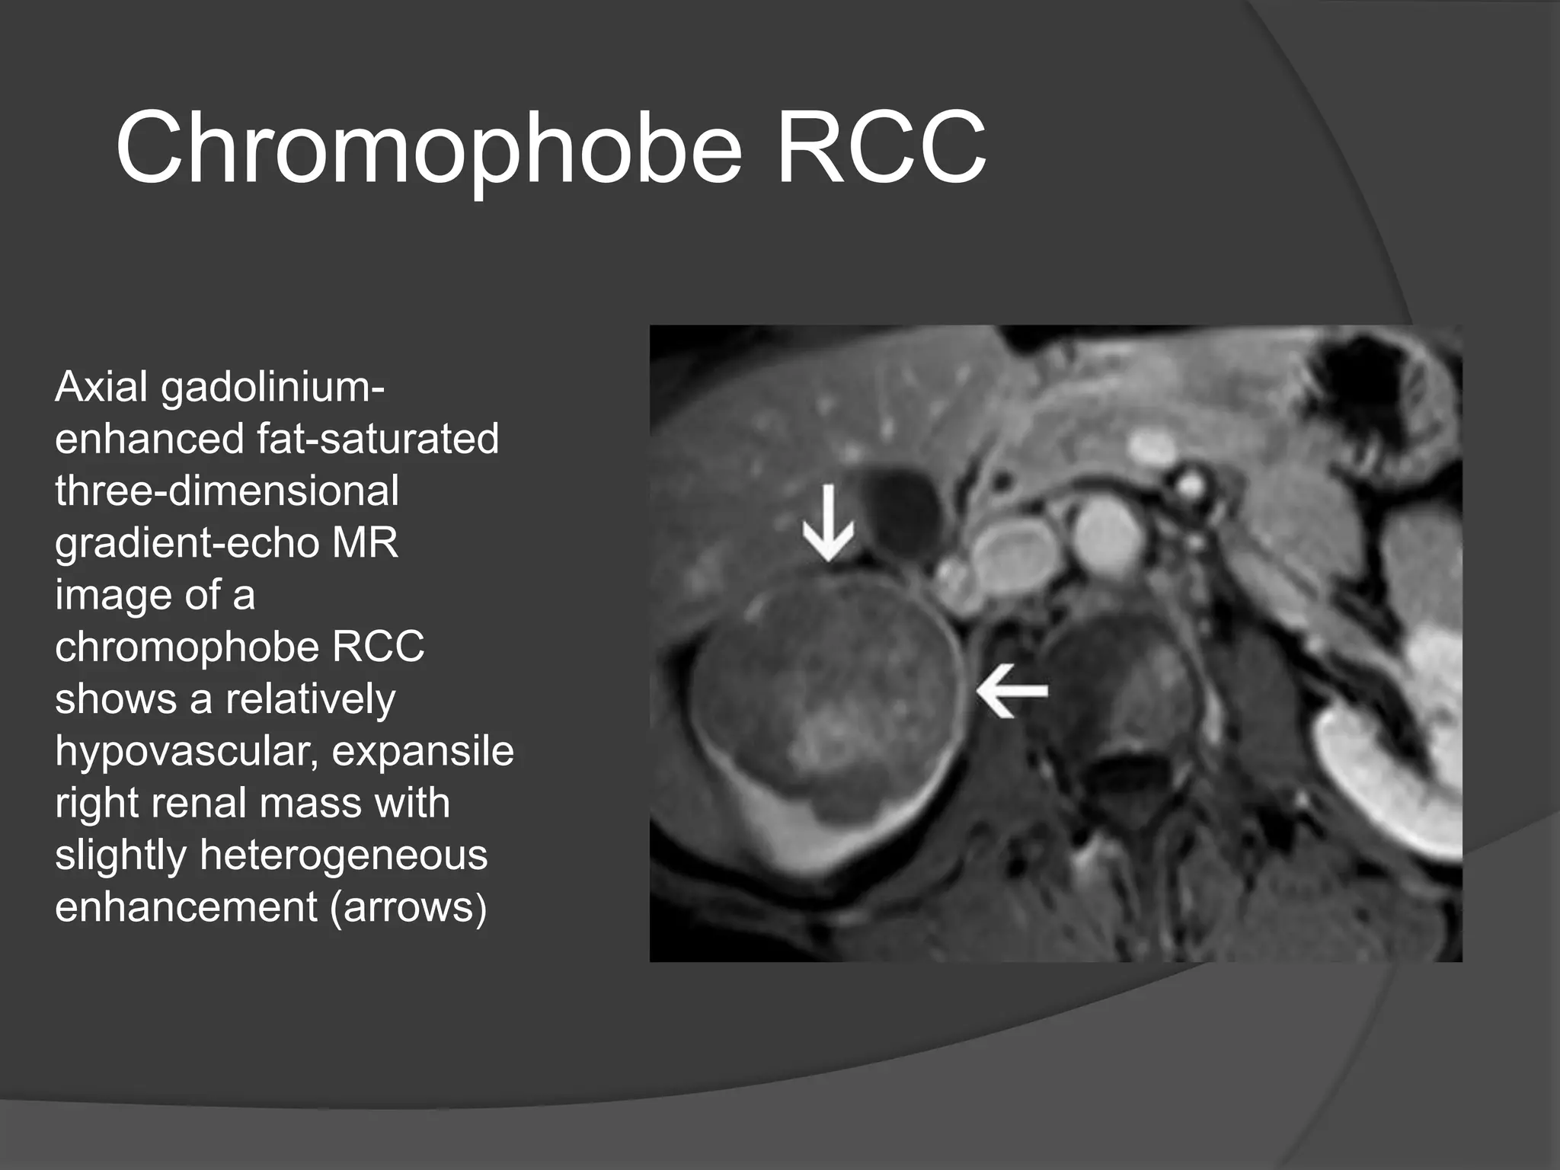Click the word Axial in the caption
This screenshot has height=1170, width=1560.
point(101,387)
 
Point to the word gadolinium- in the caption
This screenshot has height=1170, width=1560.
point(273,388)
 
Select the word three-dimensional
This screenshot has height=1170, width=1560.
point(226,491)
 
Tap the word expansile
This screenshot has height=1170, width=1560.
point(423,752)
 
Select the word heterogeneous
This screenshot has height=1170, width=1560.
point(344,855)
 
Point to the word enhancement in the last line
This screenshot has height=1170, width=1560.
point(186,906)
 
